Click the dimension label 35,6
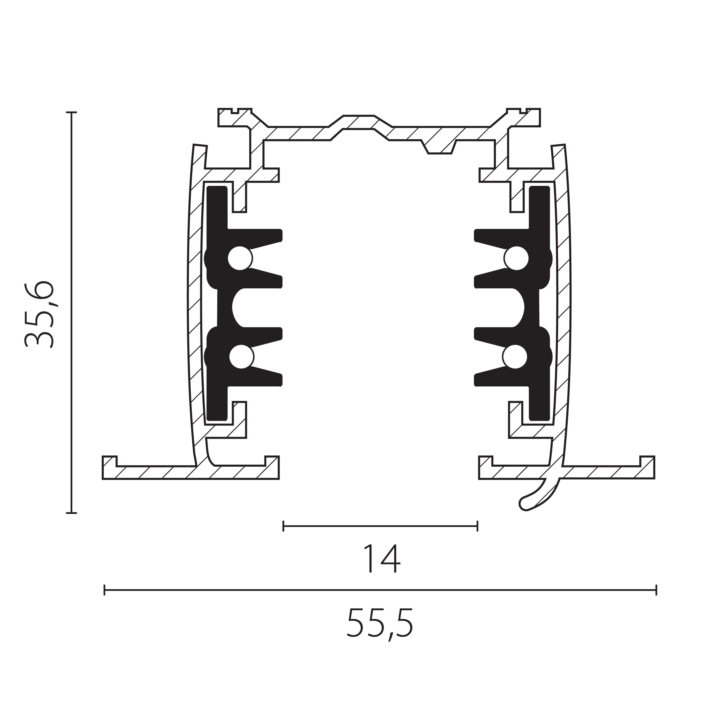pyautogui.click(x=39, y=315)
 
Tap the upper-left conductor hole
pyautogui.click(x=240, y=258)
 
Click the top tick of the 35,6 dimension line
pyautogui.click(x=72, y=113)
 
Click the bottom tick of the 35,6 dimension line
pyautogui.click(x=72, y=513)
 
